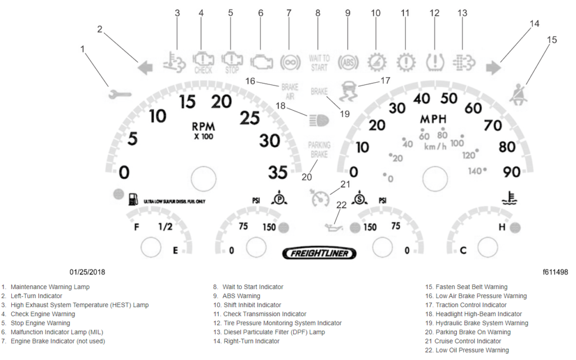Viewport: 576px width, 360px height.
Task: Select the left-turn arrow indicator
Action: [x=145, y=69]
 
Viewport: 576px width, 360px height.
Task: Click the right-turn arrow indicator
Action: [x=494, y=69]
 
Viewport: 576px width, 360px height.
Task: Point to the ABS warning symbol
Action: [x=348, y=61]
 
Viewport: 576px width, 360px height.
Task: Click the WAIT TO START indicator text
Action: [x=319, y=63]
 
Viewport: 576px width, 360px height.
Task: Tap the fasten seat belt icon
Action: [x=519, y=93]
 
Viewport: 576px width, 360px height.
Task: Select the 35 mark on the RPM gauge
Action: [x=278, y=173]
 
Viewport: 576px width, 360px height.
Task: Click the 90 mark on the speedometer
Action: [x=511, y=172]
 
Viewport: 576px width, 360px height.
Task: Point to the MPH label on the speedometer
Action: [x=434, y=120]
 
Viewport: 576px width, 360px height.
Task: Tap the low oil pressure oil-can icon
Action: [x=334, y=227]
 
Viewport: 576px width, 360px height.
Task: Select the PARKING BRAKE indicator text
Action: [x=319, y=150]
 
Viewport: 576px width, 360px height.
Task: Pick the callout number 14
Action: [x=534, y=23]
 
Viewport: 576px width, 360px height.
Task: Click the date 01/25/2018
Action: [x=87, y=272]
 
